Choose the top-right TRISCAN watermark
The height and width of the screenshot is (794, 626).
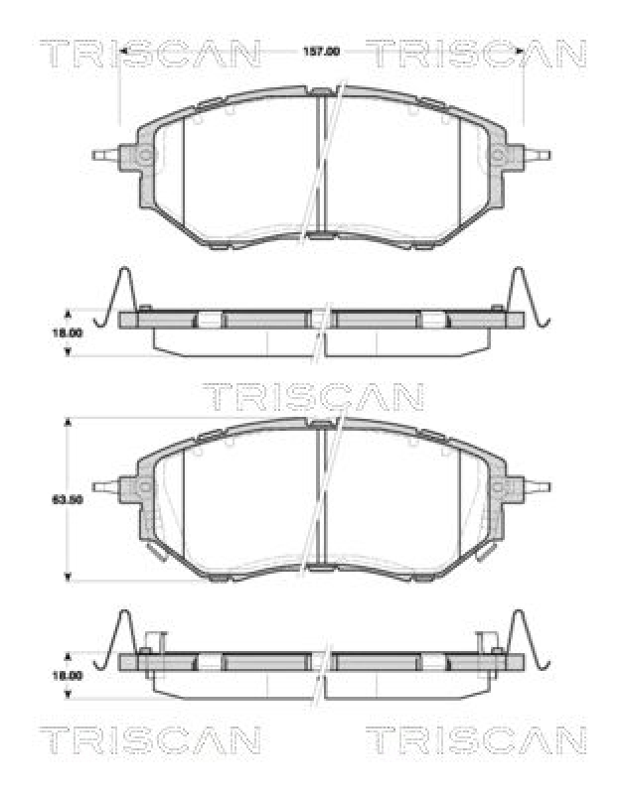click(x=475, y=52)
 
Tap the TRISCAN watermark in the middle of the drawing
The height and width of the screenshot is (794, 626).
click(x=313, y=397)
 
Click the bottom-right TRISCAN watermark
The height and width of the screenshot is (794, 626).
click(x=475, y=740)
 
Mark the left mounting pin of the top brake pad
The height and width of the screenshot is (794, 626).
click(x=103, y=155)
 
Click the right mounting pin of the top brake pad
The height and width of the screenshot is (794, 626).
click(x=539, y=155)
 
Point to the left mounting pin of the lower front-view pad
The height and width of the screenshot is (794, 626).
click(x=103, y=486)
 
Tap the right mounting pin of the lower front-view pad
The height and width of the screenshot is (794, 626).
click(x=539, y=486)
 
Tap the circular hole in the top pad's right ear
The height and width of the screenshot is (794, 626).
click(x=498, y=156)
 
